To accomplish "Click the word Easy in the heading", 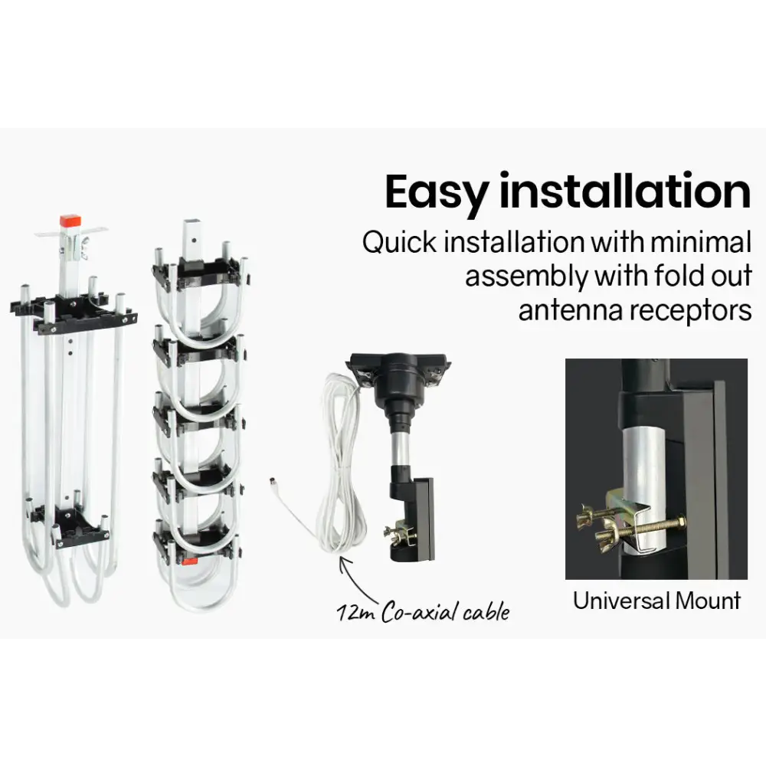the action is tap(437, 191).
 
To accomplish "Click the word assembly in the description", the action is tap(526, 277).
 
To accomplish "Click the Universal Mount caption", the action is tap(656, 601).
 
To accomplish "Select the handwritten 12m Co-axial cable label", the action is tap(423, 612).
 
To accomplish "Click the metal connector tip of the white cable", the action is tap(272, 483).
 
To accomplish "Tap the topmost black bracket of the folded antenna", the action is tap(200, 273).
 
